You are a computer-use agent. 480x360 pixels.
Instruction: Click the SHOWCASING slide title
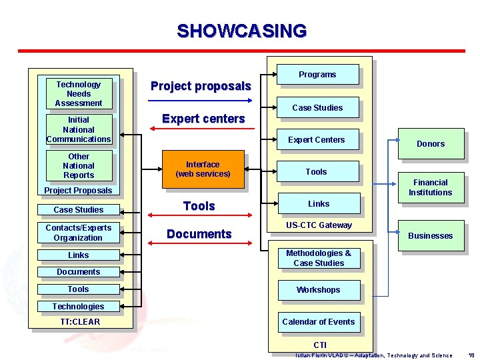pyautogui.click(x=241, y=31)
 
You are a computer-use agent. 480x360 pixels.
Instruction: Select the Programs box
pyautogui.click(x=317, y=75)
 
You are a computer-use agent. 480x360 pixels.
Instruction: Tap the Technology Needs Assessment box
pyautogui.click(x=79, y=94)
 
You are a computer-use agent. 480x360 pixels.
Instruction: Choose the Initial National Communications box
pyautogui.click(x=79, y=130)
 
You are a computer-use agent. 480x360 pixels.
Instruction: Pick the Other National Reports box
pyautogui.click(x=79, y=166)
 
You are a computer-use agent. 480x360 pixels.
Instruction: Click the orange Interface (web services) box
pyautogui.click(x=203, y=169)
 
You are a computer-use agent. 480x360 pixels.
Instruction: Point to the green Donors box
pyautogui.click(x=430, y=144)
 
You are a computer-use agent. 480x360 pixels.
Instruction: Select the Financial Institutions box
pyautogui.click(x=430, y=187)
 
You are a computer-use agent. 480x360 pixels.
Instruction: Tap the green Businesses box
pyautogui.click(x=430, y=236)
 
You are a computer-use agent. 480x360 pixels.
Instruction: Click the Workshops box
pyautogui.click(x=318, y=290)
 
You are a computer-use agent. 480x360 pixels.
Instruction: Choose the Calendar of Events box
pyautogui.click(x=318, y=322)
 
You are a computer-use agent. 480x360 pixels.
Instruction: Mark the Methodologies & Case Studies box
pyautogui.click(x=318, y=258)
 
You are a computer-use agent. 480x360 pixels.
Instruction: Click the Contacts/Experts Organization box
pyautogui.click(x=78, y=233)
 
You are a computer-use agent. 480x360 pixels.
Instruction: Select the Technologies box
pyautogui.click(x=78, y=307)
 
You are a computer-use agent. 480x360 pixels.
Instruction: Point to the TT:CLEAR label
pyautogui.click(x=78, y=322)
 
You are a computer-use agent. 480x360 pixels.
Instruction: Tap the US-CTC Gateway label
pyautogui.click(x=319, y=225)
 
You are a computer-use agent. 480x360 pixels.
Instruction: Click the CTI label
pyautogui.click(x=320, y=345)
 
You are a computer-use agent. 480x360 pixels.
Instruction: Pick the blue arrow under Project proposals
pyautogui.click(x=199, y=101)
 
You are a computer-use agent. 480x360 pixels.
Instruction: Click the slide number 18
pyautogui.click(x=471, y=355)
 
